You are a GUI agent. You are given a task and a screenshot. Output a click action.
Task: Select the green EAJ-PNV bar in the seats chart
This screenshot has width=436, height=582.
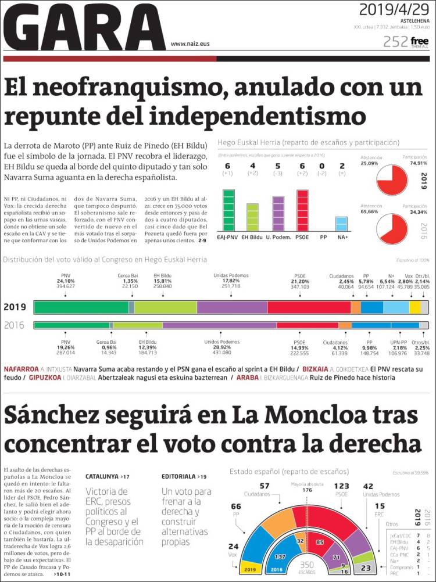tap(229, 210)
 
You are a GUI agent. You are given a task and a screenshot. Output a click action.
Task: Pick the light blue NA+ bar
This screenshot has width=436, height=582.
tap(342, 224)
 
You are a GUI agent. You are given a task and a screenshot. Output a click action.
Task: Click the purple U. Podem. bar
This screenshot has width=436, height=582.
tap(278, 214)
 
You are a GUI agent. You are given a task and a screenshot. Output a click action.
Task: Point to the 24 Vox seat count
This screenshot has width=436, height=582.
tap(233, 546)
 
